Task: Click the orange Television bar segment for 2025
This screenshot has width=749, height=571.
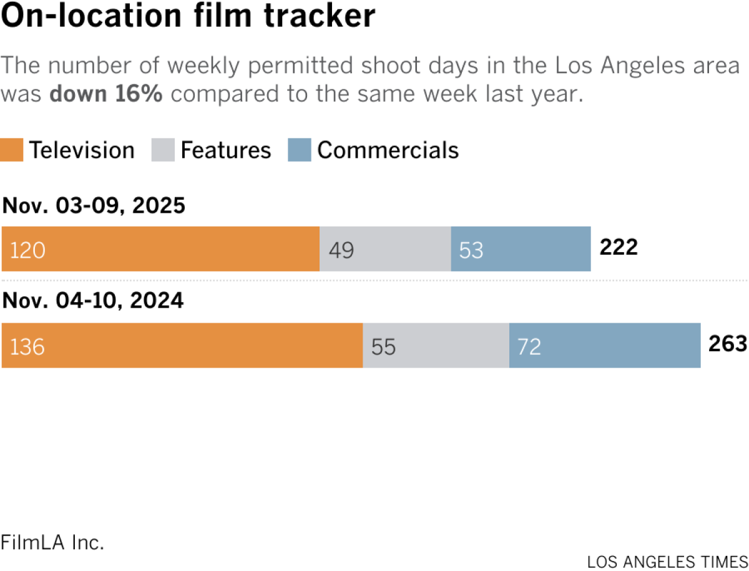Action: click(160, 249)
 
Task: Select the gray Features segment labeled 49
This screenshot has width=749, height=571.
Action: click(385, 249)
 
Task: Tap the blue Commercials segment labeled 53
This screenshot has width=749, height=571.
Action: click(521, 249)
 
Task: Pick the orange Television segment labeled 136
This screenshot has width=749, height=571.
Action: click(182, 346)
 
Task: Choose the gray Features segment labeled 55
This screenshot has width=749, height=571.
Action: click(436, 346)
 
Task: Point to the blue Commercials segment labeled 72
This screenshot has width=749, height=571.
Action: click(604, 346)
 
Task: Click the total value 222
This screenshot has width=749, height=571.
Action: click(619, 248)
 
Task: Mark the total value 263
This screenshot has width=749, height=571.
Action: click(727, 344)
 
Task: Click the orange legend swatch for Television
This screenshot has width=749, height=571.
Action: click(12, 151)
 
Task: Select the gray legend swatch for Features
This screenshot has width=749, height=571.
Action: click(162, 151)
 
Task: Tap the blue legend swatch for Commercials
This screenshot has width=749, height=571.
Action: click(299, 151)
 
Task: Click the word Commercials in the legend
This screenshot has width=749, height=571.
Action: click(388, 150)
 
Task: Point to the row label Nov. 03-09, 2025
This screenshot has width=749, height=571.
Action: click(94, 206)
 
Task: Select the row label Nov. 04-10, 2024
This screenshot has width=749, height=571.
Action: click(94, 301)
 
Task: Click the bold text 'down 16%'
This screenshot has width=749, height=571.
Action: click(107, 94)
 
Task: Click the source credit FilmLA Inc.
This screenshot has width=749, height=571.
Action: click(52, 542)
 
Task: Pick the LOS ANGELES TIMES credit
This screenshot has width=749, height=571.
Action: click(667, 561)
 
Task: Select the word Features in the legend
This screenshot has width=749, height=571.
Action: click(226, 150)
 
